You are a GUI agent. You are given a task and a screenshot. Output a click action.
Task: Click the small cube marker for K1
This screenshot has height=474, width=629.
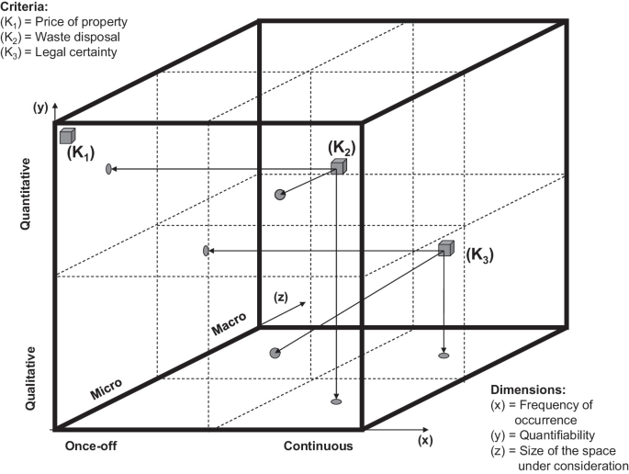click(x=67, y=136)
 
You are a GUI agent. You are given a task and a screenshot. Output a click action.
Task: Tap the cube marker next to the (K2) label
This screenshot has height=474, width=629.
click(x=339, y=166)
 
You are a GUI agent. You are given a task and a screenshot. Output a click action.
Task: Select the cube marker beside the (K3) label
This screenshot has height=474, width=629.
click(x=446, y=248)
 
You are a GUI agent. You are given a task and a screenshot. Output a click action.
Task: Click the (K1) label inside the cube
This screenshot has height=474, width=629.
click(x=82, y=152)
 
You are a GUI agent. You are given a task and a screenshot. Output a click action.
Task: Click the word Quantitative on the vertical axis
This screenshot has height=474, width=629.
click(x=27, y=194)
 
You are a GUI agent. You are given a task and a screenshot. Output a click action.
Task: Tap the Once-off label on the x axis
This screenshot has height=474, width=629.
click(x=91, y=446)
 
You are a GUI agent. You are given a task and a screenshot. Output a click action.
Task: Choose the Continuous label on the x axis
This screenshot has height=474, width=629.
click(x=317, y=446)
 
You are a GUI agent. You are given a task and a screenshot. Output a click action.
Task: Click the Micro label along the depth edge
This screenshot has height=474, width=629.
click(x=107, y=389)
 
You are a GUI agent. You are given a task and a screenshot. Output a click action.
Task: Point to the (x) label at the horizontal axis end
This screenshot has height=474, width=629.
click(x=424, y=440)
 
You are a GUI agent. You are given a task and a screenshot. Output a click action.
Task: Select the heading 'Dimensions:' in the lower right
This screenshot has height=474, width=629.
click(x=529, y=389)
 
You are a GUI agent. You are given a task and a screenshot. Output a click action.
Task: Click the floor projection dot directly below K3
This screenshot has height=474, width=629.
click(x=444, y=355)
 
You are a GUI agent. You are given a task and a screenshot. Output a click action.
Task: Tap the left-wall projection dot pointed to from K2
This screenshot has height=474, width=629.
click(x=109, y=169)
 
